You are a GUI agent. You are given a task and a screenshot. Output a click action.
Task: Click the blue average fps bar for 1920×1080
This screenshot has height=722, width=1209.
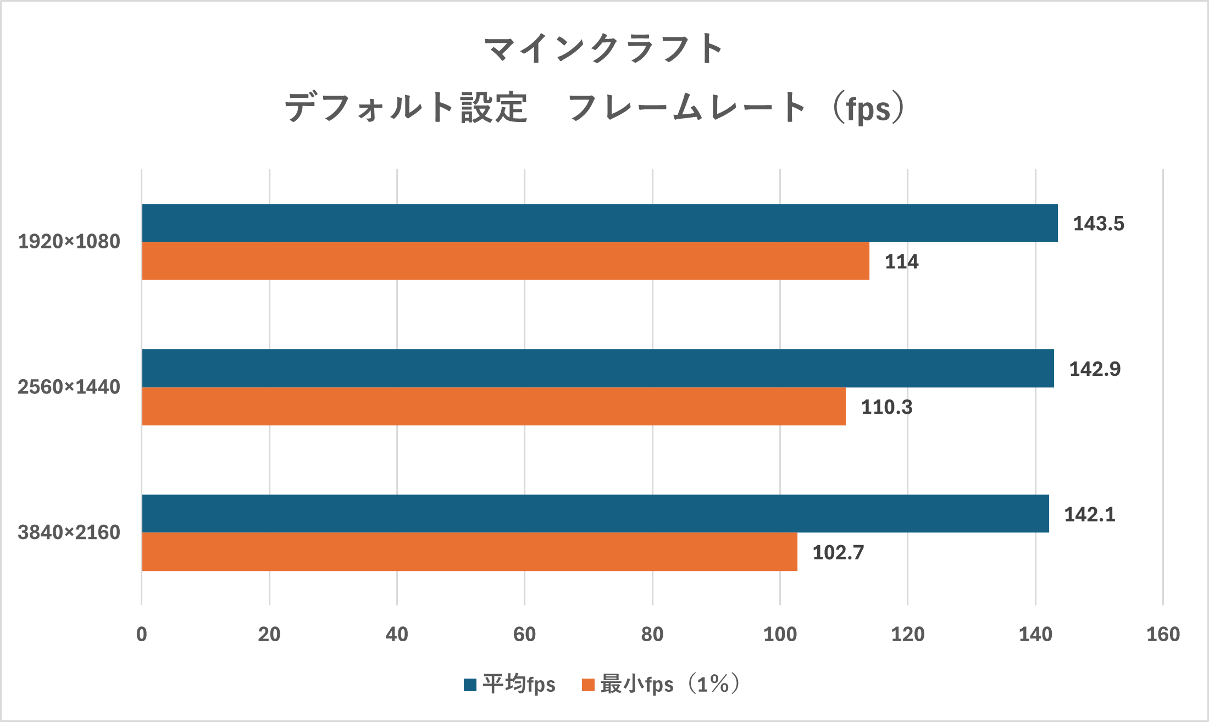tap(599, 223)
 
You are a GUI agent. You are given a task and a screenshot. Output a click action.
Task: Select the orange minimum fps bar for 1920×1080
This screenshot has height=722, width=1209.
tap(506, 261)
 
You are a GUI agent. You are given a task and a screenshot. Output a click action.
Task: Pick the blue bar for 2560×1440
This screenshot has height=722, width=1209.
tap(598, 368)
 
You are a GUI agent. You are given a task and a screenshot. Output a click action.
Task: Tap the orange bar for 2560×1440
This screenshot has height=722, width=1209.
tap(493, 407)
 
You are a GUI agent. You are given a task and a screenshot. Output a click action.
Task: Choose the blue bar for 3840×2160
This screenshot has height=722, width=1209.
tap(595, 514)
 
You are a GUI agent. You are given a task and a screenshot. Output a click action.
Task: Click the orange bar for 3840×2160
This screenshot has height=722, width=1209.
tap(469, 552)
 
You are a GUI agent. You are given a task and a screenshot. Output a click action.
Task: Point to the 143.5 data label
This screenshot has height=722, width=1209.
tap(1099, 224)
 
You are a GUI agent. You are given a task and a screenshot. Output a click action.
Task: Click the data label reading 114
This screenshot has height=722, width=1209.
tap(901, 262)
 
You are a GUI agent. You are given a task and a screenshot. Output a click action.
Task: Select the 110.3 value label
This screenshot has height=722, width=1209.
tap(886, 407)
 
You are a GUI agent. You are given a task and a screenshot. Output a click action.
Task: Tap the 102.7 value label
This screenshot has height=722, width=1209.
tap(838, 552)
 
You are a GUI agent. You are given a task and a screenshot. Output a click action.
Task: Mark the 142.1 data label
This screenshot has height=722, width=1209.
tap(1090, 514)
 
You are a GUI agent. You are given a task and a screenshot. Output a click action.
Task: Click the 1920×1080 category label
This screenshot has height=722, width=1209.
tap(69, 242)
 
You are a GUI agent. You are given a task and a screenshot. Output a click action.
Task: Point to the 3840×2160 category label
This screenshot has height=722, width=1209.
tap(69, 532)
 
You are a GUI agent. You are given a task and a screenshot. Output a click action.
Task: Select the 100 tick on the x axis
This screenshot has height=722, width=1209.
tap(780, 635)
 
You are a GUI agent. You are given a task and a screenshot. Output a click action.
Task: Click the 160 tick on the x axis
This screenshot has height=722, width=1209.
tap(1163, 635)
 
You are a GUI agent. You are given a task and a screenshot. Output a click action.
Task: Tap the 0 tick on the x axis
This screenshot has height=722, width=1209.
tap(142, 635)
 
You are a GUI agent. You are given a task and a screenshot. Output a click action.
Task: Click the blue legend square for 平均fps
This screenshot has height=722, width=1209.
tap(470, 685)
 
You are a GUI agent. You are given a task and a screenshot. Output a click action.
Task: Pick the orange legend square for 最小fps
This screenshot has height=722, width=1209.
tap(588, 685)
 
